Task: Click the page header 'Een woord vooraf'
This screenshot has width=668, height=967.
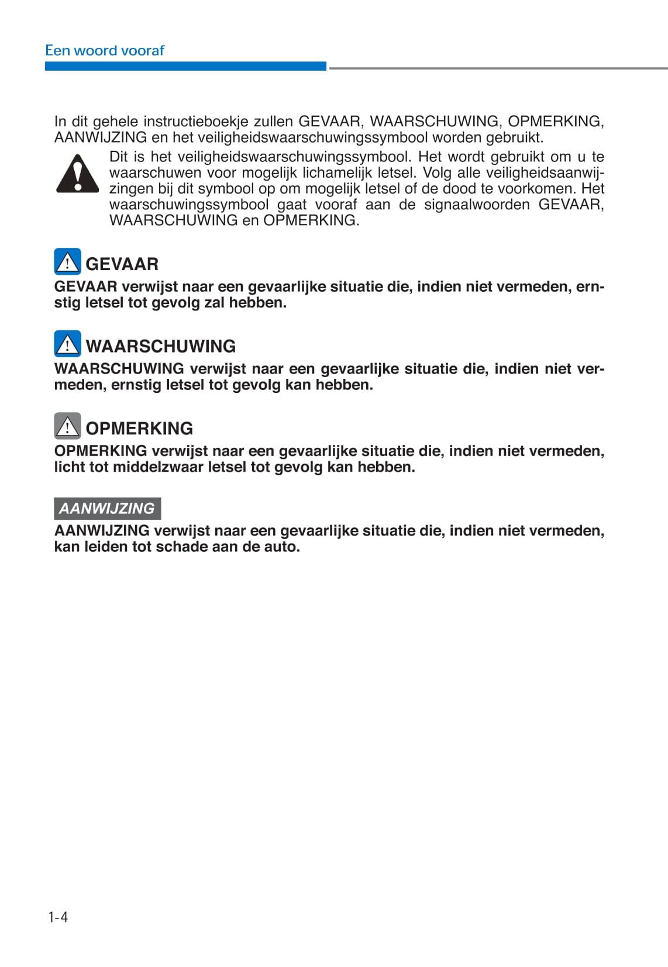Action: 105,50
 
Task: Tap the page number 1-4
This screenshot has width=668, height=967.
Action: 58,917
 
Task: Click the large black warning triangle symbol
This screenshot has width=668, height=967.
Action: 77,174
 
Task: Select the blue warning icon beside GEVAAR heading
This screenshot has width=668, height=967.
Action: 67,262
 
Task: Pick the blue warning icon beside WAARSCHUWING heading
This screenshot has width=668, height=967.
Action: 67,344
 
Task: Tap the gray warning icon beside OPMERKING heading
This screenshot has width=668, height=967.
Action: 67,426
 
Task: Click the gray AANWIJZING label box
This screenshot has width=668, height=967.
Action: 107,508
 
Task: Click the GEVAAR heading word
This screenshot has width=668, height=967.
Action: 122,264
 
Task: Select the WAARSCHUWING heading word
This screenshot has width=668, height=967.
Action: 160,346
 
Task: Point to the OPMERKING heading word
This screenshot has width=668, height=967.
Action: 139,429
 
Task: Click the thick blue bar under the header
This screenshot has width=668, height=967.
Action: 185,67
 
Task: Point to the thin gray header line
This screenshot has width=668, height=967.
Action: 498,68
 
